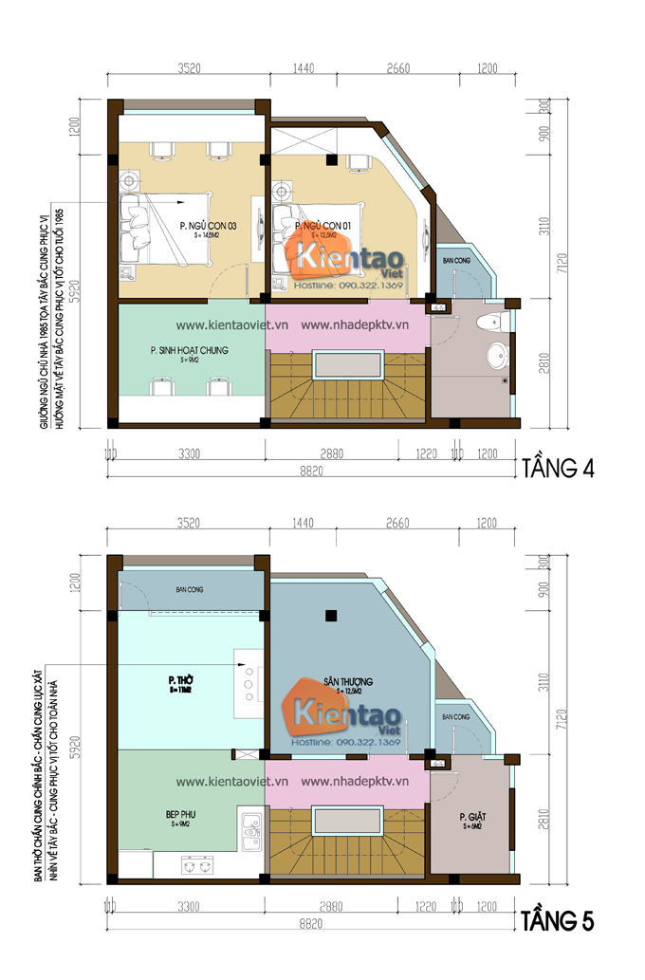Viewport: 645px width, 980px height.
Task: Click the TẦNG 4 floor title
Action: [558, 469]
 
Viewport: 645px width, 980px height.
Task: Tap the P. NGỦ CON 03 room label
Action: [207, 226]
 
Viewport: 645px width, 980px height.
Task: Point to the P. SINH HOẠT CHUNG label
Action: [189, 350]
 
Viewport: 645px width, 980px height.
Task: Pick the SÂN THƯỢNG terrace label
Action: [347, 681]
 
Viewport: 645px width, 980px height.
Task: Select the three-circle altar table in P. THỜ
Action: [249, 680]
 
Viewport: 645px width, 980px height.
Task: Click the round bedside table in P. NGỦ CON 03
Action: [129, 177]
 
